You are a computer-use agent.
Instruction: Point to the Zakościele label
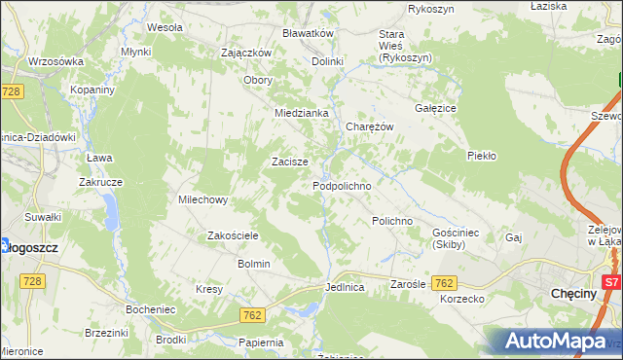coord(233,235)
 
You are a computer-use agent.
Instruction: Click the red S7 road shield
coord(611,282)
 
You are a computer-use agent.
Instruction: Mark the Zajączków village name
coord(246,53)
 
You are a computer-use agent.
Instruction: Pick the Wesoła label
coord(165,27)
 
